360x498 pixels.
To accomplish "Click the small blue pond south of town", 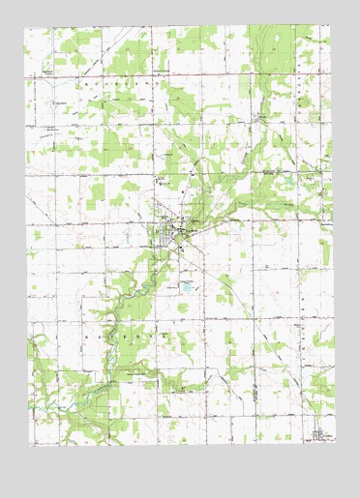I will (x=186, y=287).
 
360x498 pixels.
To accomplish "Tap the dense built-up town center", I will (x=177, y=232).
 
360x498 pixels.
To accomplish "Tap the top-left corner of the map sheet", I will (x=25, y=26).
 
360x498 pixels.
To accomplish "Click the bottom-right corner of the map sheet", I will (x=335, y=444).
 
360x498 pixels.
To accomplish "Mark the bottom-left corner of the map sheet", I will (x=29, y=446).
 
